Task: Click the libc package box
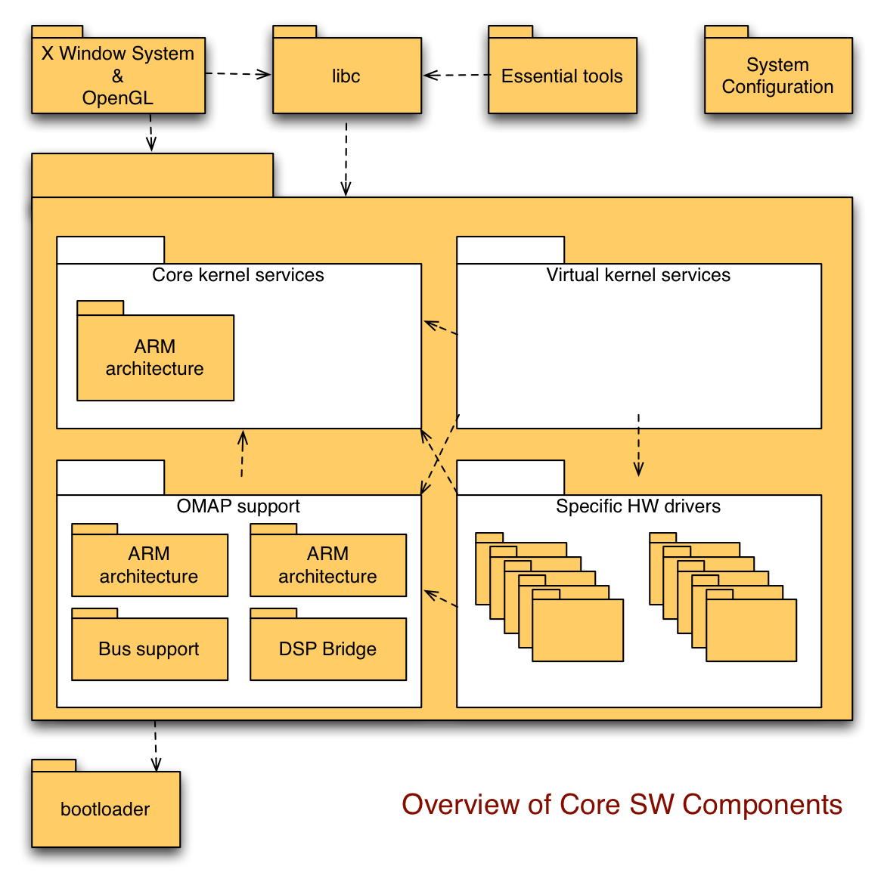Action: point(346,76)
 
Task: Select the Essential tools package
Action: point(562,76)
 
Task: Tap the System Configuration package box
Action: point(777,76)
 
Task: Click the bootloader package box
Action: point(105,809)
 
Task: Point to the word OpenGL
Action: point(117,98)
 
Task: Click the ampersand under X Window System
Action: point(117,76)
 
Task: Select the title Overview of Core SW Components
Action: point(622,804)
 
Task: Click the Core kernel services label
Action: point(237,275)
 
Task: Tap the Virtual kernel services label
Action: point(638,275)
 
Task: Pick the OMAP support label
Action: point(238,506)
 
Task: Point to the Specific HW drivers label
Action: point(638,506)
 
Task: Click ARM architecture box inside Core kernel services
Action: point(155,357)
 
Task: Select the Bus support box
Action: point(149,649)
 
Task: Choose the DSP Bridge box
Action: point(327,649)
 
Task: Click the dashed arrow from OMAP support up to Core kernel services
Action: point(242,454)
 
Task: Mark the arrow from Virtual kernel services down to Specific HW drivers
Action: point(639,446)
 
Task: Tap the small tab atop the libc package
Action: point(294,32)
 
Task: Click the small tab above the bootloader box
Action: point(54,766)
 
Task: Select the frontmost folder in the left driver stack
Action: point(578,630)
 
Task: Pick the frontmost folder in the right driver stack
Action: point(751,630)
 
